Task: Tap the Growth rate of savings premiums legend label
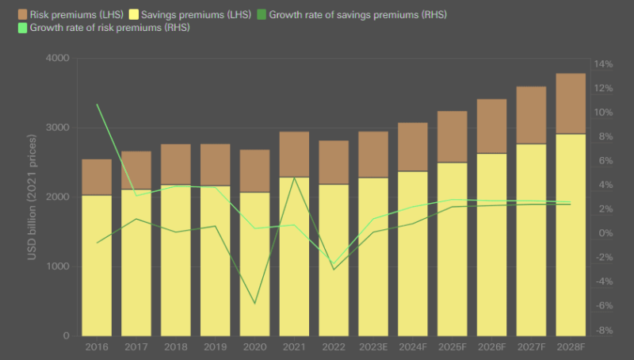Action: [x=346, y=14]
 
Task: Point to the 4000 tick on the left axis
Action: [x=58, y=59]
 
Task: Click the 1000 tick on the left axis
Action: [x=58, y=266]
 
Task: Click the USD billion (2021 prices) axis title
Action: [x=32, y=197]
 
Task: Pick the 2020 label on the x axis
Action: [x=254, y=347]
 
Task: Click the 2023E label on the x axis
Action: [x=373, y=347]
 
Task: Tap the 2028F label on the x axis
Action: [x=571, y=347]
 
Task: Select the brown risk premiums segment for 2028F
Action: [x=571, y=103]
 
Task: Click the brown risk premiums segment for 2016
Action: [x=97, y=177]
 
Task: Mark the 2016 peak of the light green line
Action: [x=97, y=105]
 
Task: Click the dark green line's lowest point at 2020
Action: [x=254, y=304]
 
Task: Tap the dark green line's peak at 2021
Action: [x=294, y=177]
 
